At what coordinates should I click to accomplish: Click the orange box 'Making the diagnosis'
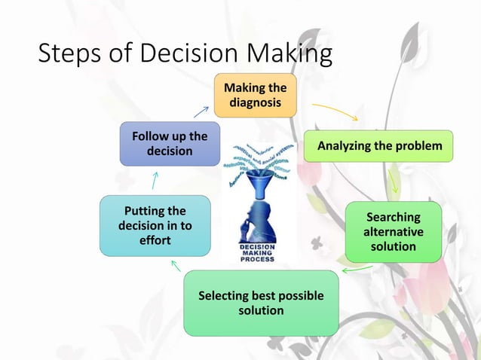coord(255,96)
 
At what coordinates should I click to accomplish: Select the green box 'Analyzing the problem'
coord(378,145)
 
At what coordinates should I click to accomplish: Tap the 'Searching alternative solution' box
coord(393,231)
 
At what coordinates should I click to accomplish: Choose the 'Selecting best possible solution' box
coord(260,302)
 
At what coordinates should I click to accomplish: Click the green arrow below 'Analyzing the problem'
coord(394,181)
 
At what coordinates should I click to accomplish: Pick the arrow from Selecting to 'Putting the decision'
coord(176,266)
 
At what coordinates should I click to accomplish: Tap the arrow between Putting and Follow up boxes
coord(154,181)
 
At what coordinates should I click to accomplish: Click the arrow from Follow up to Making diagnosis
coord(201,111)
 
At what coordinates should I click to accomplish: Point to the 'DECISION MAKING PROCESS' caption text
coord(257,252)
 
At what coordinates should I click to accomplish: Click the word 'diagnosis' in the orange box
coord(255,102)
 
